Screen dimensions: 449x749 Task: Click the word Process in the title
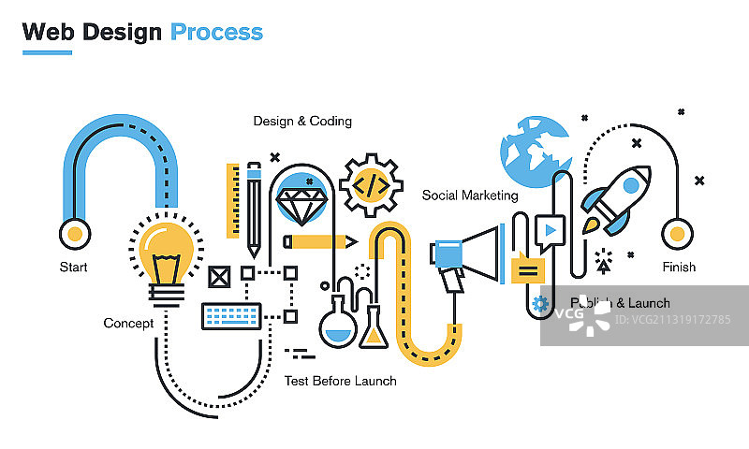[x=216, y=32]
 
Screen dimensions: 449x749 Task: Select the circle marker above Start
[x=73, y=232]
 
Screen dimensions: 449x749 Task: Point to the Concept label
[x=128, y=324]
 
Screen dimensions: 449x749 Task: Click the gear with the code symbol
[x=372, y=185]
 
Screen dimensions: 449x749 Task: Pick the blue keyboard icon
[x=231, y=316]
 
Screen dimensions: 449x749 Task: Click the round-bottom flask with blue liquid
[x=336, y=326]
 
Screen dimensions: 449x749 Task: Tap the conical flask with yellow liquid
[x=374, y=327]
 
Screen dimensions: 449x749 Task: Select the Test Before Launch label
[x=340, y=381]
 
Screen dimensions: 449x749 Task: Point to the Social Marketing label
[x=470, y=196]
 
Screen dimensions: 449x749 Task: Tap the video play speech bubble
[x=550, y=229]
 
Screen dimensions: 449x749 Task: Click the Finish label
[x=679, y=267]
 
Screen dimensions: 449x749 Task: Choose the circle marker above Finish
[x=677, y=232]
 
